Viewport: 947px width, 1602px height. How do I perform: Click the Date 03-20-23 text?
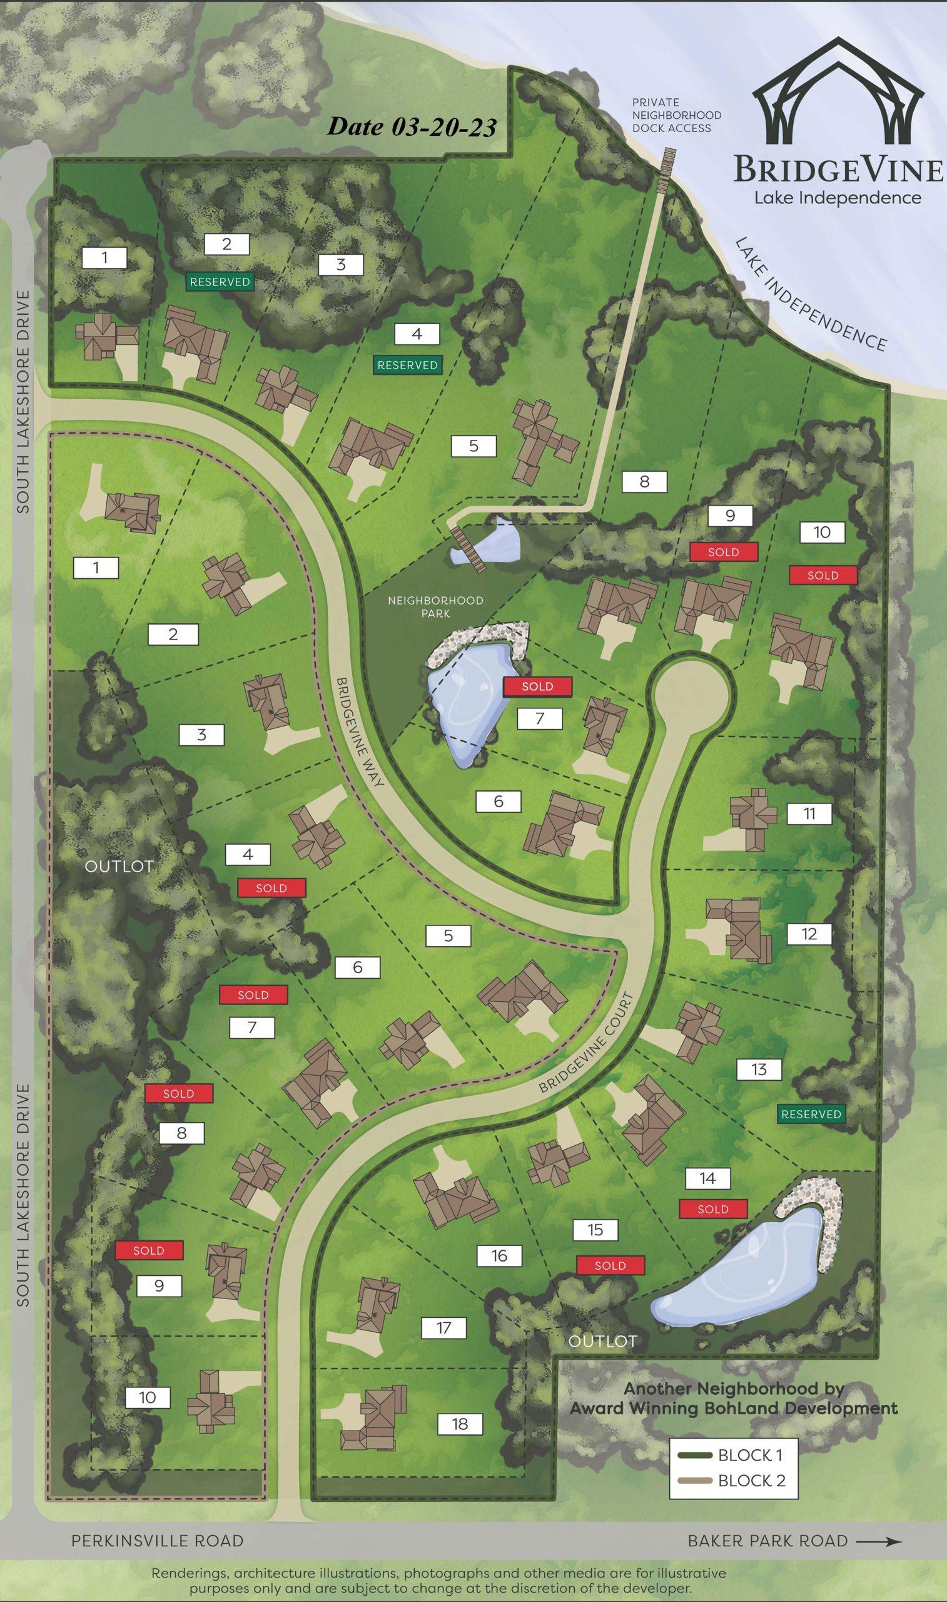point(412,127)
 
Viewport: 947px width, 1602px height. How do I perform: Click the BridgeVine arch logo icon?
point(838,89)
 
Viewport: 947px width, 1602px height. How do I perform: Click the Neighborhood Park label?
point(436,607)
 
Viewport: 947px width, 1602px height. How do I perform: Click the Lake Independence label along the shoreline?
point(811,293)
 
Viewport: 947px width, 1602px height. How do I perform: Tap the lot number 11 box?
point(809,814)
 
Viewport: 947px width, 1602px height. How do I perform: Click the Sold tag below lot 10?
point(823,575)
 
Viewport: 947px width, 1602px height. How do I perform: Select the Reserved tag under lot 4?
point(407,365)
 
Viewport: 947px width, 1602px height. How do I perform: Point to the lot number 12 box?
point(809,934)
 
